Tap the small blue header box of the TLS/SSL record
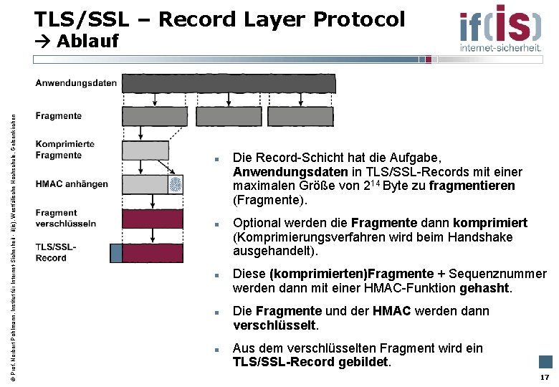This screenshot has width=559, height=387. (x=116, y=253)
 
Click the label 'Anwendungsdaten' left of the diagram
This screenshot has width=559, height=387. (x=76, y=83)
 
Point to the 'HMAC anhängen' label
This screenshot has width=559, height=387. (x=72, y=184)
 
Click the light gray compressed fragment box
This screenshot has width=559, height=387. (x=145, y=150)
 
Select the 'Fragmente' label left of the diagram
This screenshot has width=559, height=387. (x=58, y=115)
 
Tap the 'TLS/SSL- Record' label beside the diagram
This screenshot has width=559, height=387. (x=56, y=252)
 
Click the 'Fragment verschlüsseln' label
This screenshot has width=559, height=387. (x=66, y=218)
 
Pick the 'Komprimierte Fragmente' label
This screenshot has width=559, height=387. (x=64, y=149)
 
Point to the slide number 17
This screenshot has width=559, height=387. (x=545, y=377)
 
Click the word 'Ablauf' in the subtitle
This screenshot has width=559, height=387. (x=87, y=41)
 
